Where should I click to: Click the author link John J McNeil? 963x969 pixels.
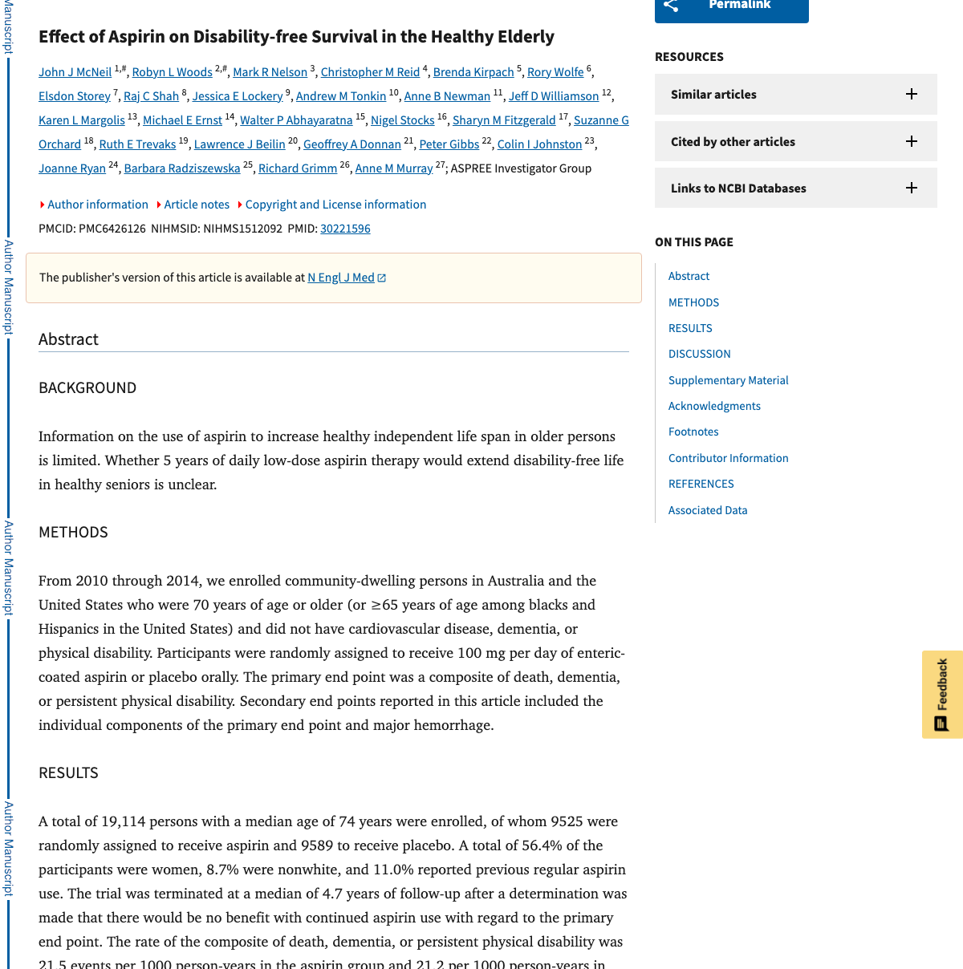pos(75,72)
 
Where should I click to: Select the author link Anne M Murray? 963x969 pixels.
pos(393,168)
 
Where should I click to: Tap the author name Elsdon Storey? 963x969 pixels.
pos(74,96)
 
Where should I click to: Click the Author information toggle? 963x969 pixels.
pos(97,205)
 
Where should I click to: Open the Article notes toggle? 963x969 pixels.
pos(196,205)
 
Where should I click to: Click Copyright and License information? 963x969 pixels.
pos(335,205)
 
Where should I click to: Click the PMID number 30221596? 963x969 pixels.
pos(345,229)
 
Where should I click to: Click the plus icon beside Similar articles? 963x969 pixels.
pos(912,94)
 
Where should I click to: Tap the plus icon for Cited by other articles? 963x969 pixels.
pos(912,141)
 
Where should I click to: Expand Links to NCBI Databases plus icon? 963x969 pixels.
pos(912,188)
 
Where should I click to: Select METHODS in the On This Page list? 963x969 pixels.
pos(693,302)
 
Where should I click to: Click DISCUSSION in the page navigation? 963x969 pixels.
pos(699,354)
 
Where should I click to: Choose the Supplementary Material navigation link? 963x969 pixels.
pos(728,380)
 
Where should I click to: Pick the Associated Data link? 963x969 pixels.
pos(707,510)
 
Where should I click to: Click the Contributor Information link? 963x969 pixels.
pos(728,458)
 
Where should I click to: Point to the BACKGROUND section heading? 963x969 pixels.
pos(87,388)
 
